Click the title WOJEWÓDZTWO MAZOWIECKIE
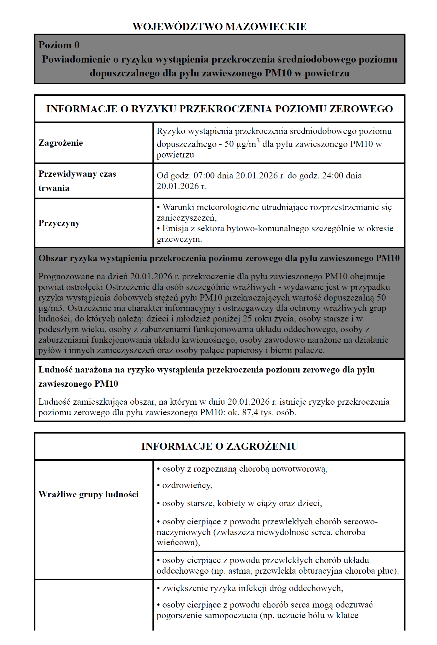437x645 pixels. click(x=219, y=27)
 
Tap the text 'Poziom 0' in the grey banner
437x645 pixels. click(x=59, y=45)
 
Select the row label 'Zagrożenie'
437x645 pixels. click(x=61, y=143)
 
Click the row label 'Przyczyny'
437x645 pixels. click(x=59, y=223)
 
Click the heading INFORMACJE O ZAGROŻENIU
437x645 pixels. click(x=219, y=447)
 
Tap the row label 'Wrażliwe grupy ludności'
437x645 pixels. click(x=88, y=495)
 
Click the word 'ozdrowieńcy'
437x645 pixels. click(x=187, y=486)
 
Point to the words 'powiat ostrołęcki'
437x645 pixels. click(x=70, y=287)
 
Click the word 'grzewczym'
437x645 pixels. click(x=179, y=239)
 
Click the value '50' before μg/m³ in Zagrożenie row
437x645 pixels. click(x=229, y=144)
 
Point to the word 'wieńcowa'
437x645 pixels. click(x=177, y=543)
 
